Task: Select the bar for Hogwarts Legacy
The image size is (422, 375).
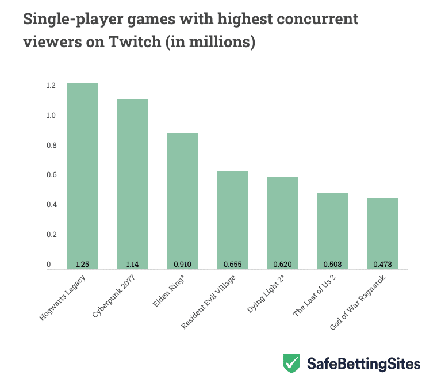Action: point(82,173)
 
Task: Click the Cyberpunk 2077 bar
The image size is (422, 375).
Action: point(132,181)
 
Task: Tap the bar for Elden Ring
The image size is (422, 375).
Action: point(182,198)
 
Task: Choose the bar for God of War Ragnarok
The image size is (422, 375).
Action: point(382,230)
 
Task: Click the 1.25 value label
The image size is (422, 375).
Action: point(82,265)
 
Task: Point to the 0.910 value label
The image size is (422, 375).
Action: point(182,265)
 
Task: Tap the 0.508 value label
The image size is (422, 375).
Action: point(332,265)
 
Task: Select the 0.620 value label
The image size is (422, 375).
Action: point(282,265)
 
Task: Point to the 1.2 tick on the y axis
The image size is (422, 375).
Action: point(51,86)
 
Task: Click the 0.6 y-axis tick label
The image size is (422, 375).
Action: point(51,175)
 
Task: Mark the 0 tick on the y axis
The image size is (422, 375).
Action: point(49,265)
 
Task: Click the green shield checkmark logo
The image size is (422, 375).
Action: point(291,363)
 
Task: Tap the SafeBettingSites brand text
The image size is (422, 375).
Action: point(363,363)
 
